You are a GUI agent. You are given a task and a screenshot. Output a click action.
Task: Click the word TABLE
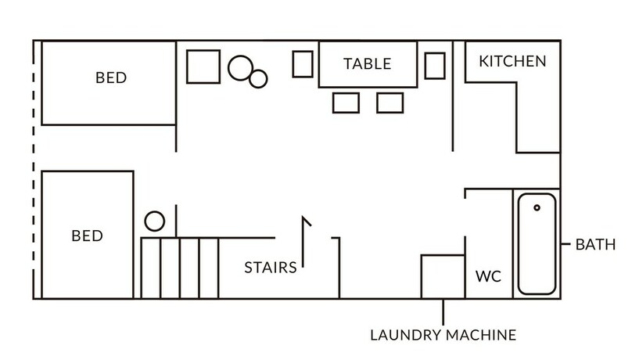(x=367, y=63)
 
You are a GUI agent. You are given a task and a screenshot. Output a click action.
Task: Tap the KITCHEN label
(x=512, y=61)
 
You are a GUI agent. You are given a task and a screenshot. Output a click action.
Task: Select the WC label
(x=488, y=276)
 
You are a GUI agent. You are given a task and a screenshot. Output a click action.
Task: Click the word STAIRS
(x=270, y=268)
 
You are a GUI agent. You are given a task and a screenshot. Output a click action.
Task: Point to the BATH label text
(x=595, y=245)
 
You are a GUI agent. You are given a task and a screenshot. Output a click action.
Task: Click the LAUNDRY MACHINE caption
(x=443, y=335)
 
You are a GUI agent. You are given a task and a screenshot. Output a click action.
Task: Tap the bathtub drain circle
(x=537, y=207)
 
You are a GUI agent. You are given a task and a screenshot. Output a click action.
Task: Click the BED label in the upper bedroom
(x=111, y=77)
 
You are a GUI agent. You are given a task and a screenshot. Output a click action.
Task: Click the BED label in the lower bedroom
(x=87, y=236)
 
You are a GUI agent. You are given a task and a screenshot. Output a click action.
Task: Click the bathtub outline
(x=518, y=244)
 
